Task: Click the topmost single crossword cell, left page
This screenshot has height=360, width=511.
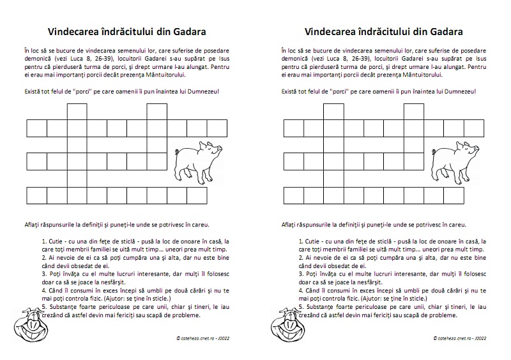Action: click(77, 110)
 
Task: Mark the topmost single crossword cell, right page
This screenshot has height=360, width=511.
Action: click(333, 110)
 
